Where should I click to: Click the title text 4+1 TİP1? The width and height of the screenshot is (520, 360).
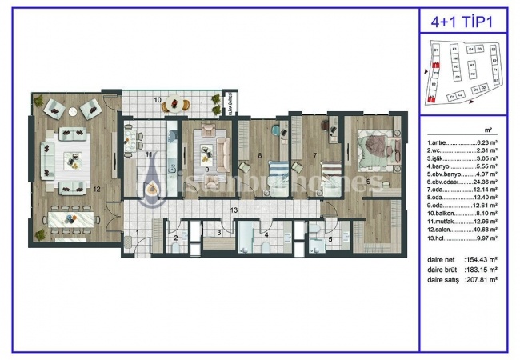pos(463,22)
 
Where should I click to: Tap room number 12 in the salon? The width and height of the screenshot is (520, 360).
pos(96,190)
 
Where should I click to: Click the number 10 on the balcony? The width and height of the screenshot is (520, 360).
pos(158,100)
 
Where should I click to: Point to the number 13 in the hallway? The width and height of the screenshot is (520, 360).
pos(234,210)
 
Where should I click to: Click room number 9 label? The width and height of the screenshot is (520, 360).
pos(206,170)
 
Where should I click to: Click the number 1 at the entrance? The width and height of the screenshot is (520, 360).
pos(137,233)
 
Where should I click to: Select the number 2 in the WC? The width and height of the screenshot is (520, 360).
pos(176,238)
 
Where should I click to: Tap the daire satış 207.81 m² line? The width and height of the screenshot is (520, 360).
pos(463,279)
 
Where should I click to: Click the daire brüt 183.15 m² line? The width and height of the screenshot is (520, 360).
pos(463,270)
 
